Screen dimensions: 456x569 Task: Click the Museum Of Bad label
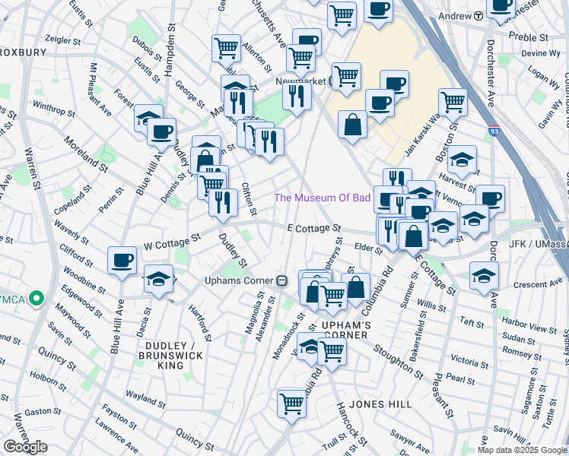coord(323,198)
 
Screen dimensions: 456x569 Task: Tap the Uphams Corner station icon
coord(281,280)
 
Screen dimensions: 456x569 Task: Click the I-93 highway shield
coord(494,131)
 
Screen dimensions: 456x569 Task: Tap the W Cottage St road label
coord(172,241)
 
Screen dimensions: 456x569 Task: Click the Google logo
coord(25,446)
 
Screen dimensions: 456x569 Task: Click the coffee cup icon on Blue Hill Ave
coord(122,261)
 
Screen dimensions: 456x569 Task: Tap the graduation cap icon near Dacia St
coord(158,280)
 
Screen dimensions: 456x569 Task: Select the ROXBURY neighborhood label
coord(23,52)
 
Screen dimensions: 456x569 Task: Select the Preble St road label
coord(528,37)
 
